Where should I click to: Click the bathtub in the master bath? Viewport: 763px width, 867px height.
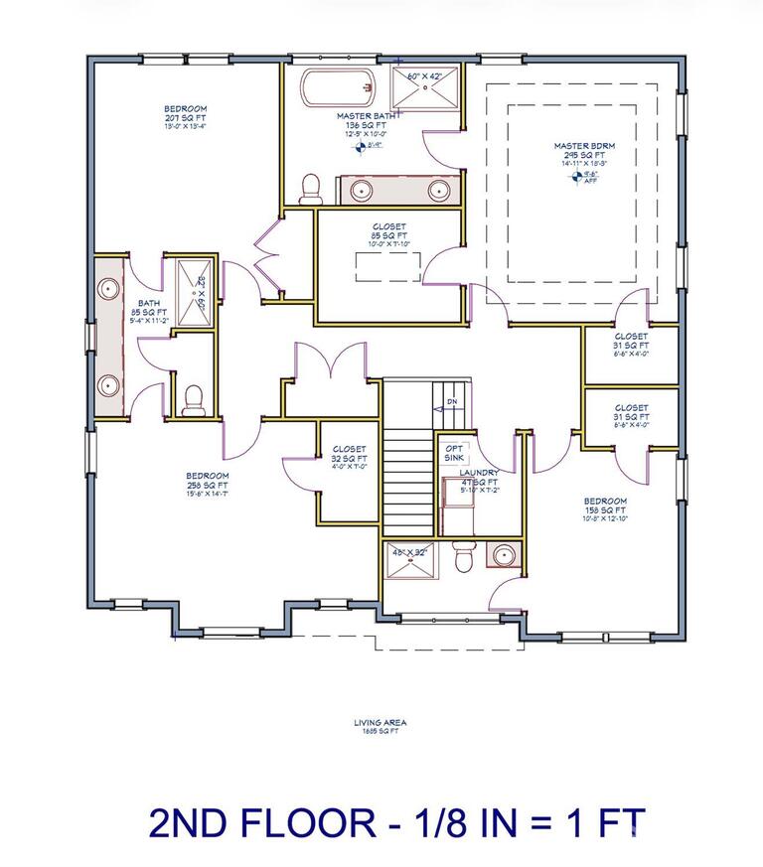(x=333, y=90)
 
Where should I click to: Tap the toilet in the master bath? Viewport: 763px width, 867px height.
(x=311, y=189)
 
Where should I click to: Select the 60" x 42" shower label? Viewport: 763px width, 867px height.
(x=425, y=75)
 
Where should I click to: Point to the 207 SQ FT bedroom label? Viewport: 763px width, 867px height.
(x=186, y=112)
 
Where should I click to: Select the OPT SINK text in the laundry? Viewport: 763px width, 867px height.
(x=454, y=452)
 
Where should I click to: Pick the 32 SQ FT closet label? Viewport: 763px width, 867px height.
(x=349, y=454)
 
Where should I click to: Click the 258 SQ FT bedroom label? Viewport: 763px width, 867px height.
(x=208, y=482)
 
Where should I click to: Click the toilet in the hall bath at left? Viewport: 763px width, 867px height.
(x=195, y=398)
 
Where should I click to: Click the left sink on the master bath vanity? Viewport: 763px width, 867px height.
(x=360, y=188)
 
